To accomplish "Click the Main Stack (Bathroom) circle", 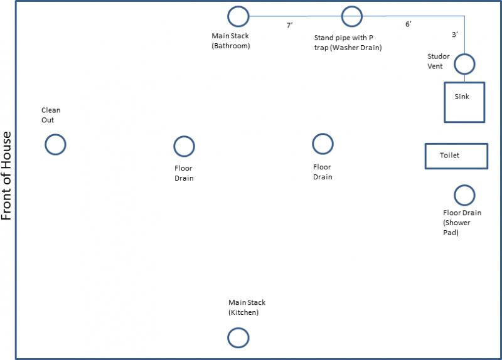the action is click(x=228, y=16).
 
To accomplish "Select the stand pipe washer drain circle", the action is click(x=341, y=16).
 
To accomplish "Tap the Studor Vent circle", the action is click(x=454, y=64).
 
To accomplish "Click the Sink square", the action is click(x=445, y=102).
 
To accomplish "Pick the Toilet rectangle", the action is click(x=426, y=156).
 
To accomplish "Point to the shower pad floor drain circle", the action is click(x=454, y=195).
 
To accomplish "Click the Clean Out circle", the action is click(x=45, y=144).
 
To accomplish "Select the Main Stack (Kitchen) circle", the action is click(x=228, y=337).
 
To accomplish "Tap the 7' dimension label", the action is click(x=289, y=25).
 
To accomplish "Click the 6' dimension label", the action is click(x=409, y=24).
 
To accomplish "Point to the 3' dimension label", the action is click(x=454, y=34).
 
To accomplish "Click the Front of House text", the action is click(x=6, y=176).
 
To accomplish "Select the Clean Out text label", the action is click(x=51, y=115).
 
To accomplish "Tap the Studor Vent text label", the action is click(x=438, y=61).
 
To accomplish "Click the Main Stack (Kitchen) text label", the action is click(x=247, y=307).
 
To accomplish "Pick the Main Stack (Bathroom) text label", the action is click(x=230, y=41).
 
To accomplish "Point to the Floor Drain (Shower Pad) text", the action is click(x=462, y=223).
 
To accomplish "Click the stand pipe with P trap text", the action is click(x=348, y=43).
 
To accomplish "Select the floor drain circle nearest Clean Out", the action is click(x=174, y=146).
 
